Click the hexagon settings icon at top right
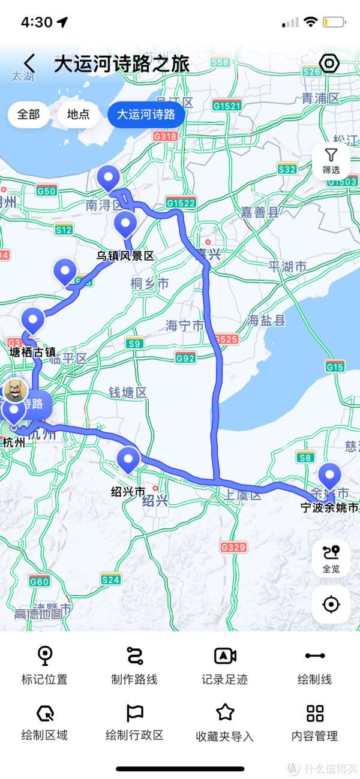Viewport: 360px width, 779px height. (x=329, y=63)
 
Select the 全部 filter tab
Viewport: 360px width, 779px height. (x=29, y=115)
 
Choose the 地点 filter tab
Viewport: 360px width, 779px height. (x=79, y=115)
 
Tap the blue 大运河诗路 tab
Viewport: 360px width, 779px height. (x=146, y=115)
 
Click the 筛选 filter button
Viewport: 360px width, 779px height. (x=331, y=161)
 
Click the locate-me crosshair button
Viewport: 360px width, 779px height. (x=331, y=604)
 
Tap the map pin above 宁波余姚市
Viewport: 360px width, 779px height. (x=329, y=477)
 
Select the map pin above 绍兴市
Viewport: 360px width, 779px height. (x=128, y=460)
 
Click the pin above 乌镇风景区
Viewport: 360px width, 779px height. (x=125, y=224)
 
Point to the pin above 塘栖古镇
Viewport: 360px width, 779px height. (x=32, y=320)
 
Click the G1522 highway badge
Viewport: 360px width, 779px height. (x=181, y=203)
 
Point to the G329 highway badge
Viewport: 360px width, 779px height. (x=233, y=547)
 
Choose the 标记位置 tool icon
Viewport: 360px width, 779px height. (x=44, y=655)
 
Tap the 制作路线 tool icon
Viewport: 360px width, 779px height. (x=134, y=655)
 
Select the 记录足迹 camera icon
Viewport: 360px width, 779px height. (x=225, y=655)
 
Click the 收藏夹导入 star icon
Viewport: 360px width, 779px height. (x=225, y=712)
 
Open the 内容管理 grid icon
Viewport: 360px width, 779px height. (x=314, y=712)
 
